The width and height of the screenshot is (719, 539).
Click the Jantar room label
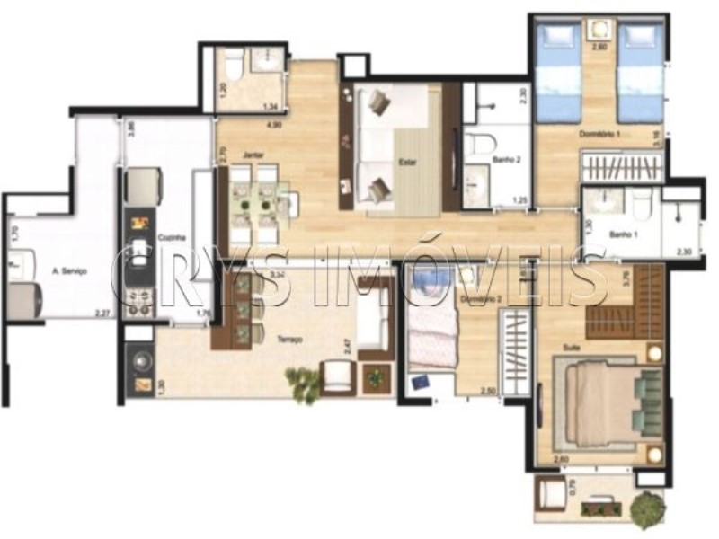(240, 155)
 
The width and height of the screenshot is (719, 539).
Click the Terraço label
(289, 340)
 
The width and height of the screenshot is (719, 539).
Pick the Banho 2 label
(505, 161)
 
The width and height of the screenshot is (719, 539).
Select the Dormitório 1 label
(600, 134)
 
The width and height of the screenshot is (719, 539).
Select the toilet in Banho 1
(640, 206)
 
